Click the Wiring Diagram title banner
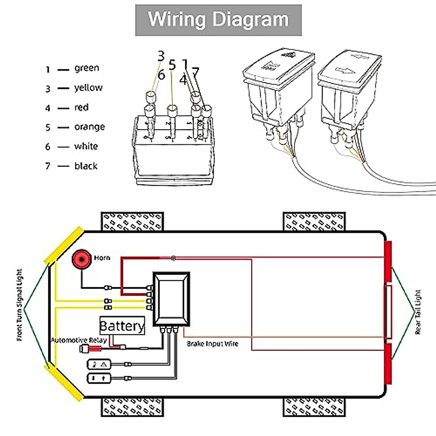pos(218,20)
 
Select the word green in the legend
pos(86,68)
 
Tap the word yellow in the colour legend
pos(88,88)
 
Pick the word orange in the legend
pos(89,127)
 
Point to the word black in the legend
pos(86,166)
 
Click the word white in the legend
pos(86,146)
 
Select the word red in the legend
pos(81,108)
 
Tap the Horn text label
pos(102,258)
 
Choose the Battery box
pos(122,326)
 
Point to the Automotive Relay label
pos(79,340)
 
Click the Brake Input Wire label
pos(213,344)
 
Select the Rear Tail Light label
pos(418,312)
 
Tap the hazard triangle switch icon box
pos(98,364)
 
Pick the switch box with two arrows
pos(98,378)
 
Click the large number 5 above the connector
pos(172,65)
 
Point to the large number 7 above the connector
pos(195,73)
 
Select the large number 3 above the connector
pos(161,56)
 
